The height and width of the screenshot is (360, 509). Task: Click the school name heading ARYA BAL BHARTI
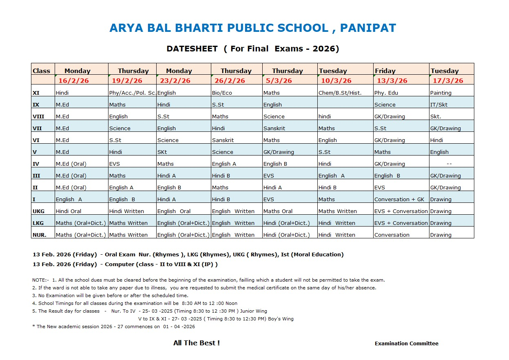click(252, 28)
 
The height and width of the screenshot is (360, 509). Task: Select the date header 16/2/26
click(73, 80)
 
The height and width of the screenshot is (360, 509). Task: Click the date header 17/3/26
click(447, 80)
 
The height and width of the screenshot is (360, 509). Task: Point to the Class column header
click(42, 71)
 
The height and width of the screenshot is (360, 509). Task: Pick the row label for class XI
click(36, 93)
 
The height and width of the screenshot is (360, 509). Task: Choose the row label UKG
click(38, 211)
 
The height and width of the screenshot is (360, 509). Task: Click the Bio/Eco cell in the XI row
click(222, 93)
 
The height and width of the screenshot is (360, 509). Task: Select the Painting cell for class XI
click(440, 93)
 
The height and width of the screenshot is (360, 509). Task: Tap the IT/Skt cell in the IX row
click(438, 104)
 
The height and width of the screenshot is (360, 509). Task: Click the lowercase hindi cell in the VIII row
click(325, 116)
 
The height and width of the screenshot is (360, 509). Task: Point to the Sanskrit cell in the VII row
click(274, 128)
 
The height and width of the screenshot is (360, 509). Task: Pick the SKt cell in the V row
click(162, 152)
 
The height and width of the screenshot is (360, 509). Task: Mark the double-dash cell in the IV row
click(449, 164)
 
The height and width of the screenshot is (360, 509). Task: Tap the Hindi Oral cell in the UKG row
click(69, 211)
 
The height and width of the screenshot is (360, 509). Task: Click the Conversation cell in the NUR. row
click(392, 235)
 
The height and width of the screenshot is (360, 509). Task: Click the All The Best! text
click(197, 343)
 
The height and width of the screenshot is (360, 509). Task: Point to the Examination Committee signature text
click(406, 343)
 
